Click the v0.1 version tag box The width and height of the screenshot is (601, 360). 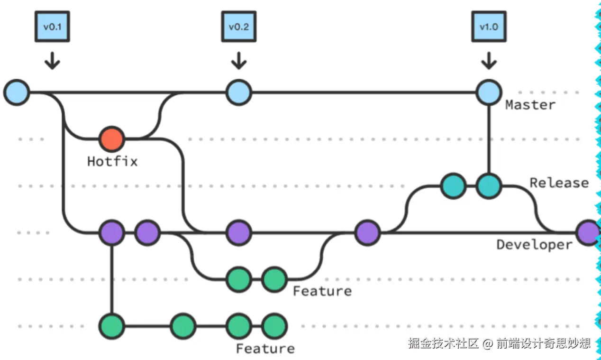52,27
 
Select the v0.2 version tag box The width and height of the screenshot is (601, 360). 239,27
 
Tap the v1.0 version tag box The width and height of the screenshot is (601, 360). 489,27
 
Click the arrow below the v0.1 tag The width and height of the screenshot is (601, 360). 52,61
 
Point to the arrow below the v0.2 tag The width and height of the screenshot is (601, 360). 239,61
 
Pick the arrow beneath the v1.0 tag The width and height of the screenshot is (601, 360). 489,61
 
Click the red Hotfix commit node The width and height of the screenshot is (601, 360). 111,139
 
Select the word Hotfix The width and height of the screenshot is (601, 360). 112,162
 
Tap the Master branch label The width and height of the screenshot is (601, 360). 530,105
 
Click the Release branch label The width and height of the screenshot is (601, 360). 559,183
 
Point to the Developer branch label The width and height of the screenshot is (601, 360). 535,245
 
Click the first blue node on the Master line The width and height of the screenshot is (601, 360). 17,92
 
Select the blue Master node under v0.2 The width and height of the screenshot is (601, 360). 239,92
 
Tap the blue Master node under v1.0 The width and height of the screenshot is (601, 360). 489,92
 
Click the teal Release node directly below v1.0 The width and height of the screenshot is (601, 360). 489,186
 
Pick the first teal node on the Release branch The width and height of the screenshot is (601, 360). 453,186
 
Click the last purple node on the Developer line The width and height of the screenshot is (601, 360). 588,233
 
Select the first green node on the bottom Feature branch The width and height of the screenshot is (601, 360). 111,326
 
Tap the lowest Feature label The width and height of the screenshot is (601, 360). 265,349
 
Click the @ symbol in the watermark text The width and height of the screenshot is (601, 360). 488,344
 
